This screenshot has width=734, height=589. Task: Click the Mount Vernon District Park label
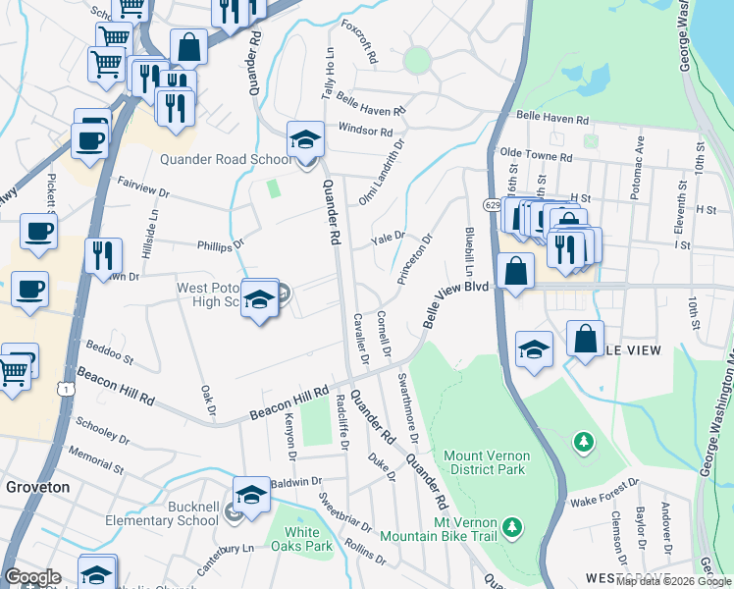[487, 462]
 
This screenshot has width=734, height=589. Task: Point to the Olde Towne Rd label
[536, 155]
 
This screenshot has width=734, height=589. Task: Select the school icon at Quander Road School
[305, 141]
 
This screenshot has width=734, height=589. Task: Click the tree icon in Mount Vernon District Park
[584, 442]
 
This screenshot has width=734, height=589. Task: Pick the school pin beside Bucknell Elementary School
[251, 496]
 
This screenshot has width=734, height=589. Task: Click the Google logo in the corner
[32, 577]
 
